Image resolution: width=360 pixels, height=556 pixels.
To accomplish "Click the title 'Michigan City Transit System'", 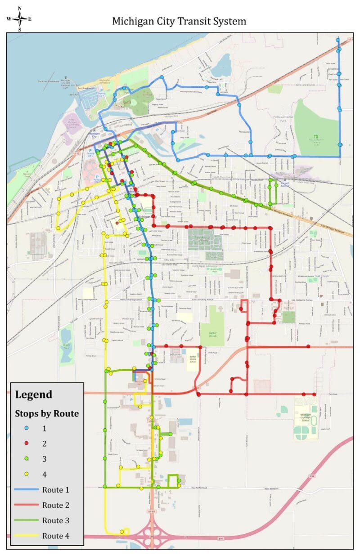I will tap(179, 21).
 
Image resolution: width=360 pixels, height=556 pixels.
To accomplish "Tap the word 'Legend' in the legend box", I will tap(34, 395).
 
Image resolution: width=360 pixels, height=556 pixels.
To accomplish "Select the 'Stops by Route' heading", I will tap(47, 413).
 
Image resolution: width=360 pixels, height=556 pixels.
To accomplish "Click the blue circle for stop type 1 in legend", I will tap(27, 428).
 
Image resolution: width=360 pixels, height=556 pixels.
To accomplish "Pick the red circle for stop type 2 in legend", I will tap(27, 444).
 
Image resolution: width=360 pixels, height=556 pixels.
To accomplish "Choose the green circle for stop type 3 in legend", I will tap(27, 459).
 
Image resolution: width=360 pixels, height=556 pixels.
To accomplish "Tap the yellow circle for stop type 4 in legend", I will tap(27, 474).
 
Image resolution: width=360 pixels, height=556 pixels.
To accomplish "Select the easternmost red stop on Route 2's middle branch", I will tap(309, 346).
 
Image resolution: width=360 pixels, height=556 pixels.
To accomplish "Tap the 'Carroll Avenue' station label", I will tap(284, 184).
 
